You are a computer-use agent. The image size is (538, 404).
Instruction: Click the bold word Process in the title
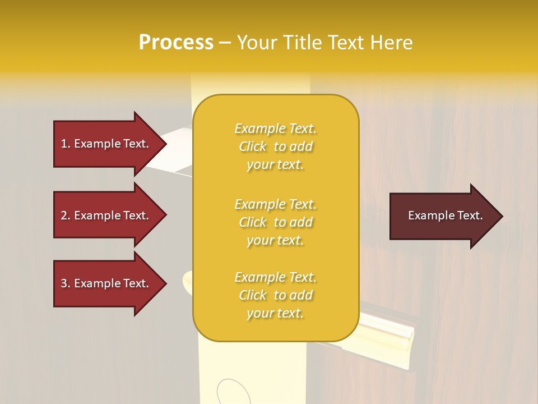point(176,43)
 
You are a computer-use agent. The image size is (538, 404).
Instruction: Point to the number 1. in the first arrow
point(66,144)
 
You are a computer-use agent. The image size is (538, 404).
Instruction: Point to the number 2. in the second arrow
point(66,215)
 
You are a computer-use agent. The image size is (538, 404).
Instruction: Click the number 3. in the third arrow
point(66,283)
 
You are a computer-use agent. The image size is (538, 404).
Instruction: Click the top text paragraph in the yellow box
point(275,146)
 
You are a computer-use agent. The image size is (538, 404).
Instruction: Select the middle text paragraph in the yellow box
point(275,222)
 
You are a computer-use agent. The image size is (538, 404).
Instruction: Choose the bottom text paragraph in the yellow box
point(275,295)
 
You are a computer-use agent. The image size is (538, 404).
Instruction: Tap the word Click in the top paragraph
point(253,146)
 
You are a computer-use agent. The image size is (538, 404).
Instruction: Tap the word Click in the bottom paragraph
point(253,295)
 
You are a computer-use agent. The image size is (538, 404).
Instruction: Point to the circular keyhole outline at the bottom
point(230,392)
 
